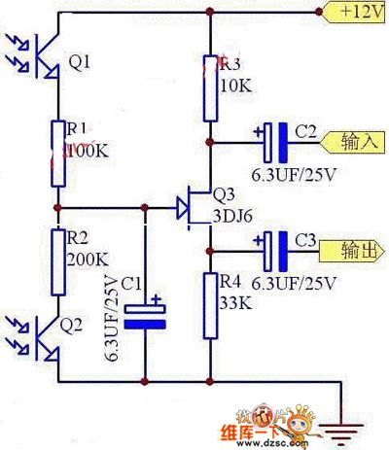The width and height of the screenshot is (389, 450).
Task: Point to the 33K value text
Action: click(236, 302)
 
